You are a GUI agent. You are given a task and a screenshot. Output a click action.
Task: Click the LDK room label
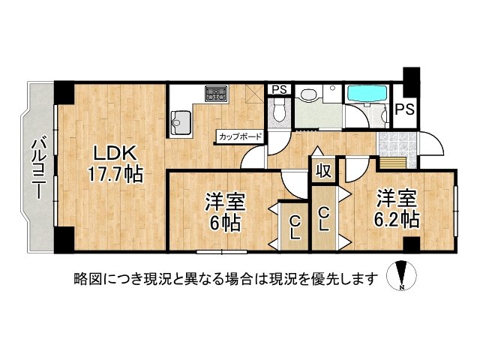point(115,153)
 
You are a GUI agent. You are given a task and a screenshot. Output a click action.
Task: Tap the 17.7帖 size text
point(115,175)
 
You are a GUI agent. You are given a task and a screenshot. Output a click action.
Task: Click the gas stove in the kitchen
point(217,94)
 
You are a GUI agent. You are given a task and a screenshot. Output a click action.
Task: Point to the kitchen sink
point(181,122)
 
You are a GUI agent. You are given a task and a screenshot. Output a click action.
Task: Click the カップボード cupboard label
point(241,136)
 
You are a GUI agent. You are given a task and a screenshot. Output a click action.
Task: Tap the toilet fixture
point(278,111)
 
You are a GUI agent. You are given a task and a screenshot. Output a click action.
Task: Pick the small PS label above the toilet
point(280,90)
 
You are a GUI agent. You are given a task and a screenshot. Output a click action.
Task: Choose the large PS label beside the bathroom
point(405,109)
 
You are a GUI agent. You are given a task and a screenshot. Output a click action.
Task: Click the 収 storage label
point(323,171)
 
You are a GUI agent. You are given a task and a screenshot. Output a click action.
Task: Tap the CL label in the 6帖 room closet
point(295,228)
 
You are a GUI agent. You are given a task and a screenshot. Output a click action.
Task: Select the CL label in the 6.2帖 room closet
point(323,219)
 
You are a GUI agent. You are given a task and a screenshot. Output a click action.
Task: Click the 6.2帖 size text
point(397,219)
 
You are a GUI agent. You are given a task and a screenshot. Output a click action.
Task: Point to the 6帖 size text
point(224,223)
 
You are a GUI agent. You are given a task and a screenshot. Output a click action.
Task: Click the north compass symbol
point(402,275)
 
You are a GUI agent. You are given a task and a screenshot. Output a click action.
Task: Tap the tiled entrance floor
point(397,145)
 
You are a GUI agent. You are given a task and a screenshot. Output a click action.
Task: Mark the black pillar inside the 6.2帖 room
point(411,244)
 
